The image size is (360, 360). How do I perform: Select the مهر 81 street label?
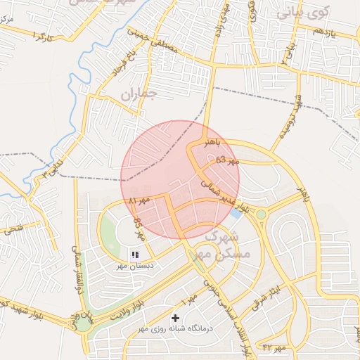point(139,200)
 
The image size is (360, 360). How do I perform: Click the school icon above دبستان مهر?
point(135,254)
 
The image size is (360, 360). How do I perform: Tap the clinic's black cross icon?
point(175,319)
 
